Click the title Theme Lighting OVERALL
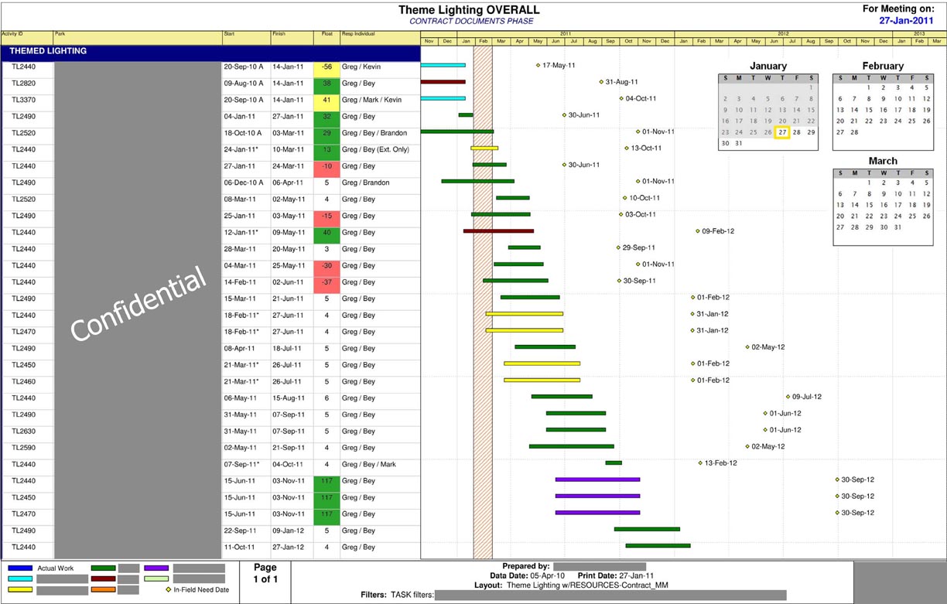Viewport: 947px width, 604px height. coord(469,10)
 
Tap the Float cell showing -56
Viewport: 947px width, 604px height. coord(326,67)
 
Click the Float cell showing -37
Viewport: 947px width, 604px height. coord(326,282)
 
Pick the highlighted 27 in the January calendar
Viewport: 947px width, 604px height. coord(782,132)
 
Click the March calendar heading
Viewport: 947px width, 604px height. coord(882,161)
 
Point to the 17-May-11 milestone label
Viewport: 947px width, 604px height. coord(559,66)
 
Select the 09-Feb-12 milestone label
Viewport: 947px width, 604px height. coord(718,231)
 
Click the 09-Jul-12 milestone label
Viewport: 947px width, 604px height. coord(806,397)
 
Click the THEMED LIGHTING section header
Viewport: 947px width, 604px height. coord(48,52)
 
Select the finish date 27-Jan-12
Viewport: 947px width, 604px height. coord(288,548)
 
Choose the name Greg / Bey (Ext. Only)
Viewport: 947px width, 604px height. coord(375,149)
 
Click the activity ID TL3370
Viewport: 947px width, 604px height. coord(23,100)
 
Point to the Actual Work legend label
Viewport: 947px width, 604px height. coord(56,568)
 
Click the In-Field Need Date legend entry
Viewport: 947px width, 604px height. coord(200,590)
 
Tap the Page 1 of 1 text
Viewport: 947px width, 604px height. coord(265,573)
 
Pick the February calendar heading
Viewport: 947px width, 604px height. coord(882,67)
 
